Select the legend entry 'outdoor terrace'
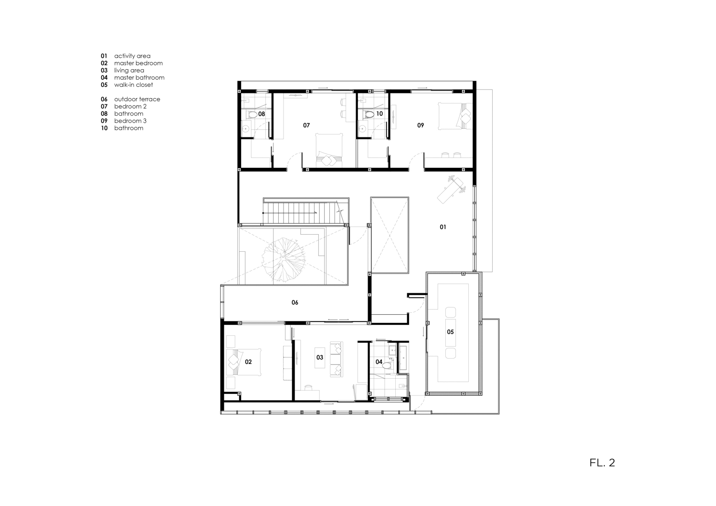(137, 99)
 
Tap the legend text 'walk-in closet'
(134, 85)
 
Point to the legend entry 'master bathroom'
(139, 78)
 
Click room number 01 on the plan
(442, 227)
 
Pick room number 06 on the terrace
(295, 302)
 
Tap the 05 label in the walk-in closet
(450, 332)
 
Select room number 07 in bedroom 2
(306, 125)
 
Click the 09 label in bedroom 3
(421, 125)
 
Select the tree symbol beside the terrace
(284, 259)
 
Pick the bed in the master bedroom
(244, 362)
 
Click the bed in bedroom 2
(329, 150)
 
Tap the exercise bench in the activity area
(451, 189)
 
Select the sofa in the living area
(337, 360)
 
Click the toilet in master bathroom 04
(388, 366)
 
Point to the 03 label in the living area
(320, 358)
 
